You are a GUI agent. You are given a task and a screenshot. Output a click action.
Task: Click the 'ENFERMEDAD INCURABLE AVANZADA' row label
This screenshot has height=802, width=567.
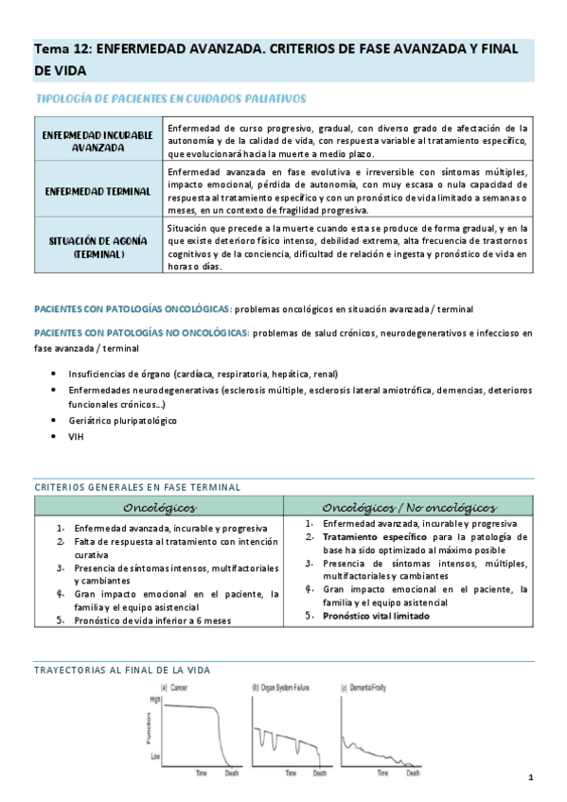tap(97, 141)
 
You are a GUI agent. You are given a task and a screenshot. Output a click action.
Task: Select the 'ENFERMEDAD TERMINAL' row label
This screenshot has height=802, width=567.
tap(97, 190)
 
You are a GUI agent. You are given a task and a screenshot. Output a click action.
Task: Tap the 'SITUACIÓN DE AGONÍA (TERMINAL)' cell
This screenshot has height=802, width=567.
tap(97, 249)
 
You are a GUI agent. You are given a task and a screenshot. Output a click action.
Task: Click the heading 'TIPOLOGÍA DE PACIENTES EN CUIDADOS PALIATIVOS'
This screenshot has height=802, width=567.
tap(170, 98)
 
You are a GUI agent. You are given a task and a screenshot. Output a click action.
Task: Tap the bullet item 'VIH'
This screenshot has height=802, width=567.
tap(78, 438)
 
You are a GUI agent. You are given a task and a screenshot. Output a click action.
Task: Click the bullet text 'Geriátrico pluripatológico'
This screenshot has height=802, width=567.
tap(122, 420)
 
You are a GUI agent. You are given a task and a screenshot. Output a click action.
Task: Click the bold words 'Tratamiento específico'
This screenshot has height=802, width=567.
tap(368, 536)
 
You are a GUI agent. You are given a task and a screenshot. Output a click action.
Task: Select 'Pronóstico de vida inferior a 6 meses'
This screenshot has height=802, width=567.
tap(152, 620)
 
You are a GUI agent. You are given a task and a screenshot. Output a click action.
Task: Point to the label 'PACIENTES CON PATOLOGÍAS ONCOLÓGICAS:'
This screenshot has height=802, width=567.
tap(132, 309)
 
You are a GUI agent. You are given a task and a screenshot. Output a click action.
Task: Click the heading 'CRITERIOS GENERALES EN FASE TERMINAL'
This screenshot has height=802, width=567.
tap(136, 486)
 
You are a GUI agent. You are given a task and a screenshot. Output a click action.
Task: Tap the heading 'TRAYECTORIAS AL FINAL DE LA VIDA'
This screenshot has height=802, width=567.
tap(122, 670)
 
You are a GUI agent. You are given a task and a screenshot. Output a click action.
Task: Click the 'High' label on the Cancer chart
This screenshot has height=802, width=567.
tap(156, 698)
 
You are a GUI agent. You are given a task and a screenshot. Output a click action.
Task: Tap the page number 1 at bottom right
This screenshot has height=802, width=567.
tap(531, 777)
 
